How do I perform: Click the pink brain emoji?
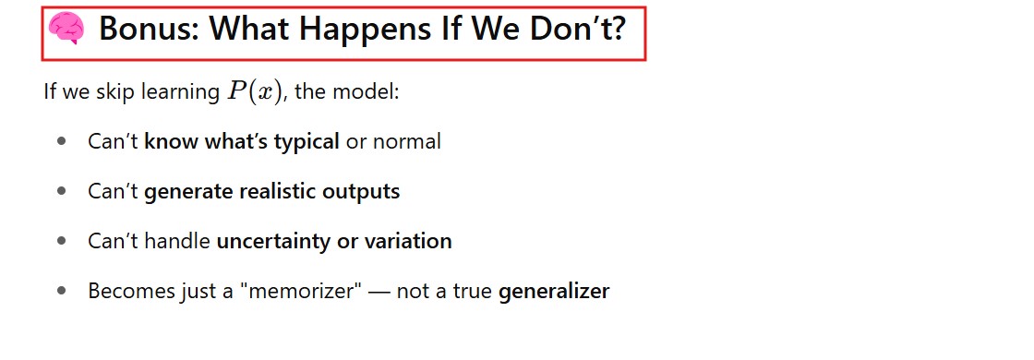pyautogui.click(x=66, y=30)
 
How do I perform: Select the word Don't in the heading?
pyautogui.click(x=572, y=30)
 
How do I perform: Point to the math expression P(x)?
pyautogui.click(x=255, y=91)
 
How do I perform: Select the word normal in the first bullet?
pyautogui.click(x=407, y=141)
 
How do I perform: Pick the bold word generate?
pyautogui.click(x=188, y=192)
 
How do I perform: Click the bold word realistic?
pyautogui.click(x=278, y=191)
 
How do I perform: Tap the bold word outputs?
pyautogui.click(x=361, y=192)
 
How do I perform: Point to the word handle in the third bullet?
pyautogui.click(x=177, y=241)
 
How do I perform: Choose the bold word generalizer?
pyautogui.click(x=554, y=292)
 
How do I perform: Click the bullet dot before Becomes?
pyautogui.click(x=62, y=291)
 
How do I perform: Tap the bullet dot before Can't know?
pyautogui.click(x=62, y=141)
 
